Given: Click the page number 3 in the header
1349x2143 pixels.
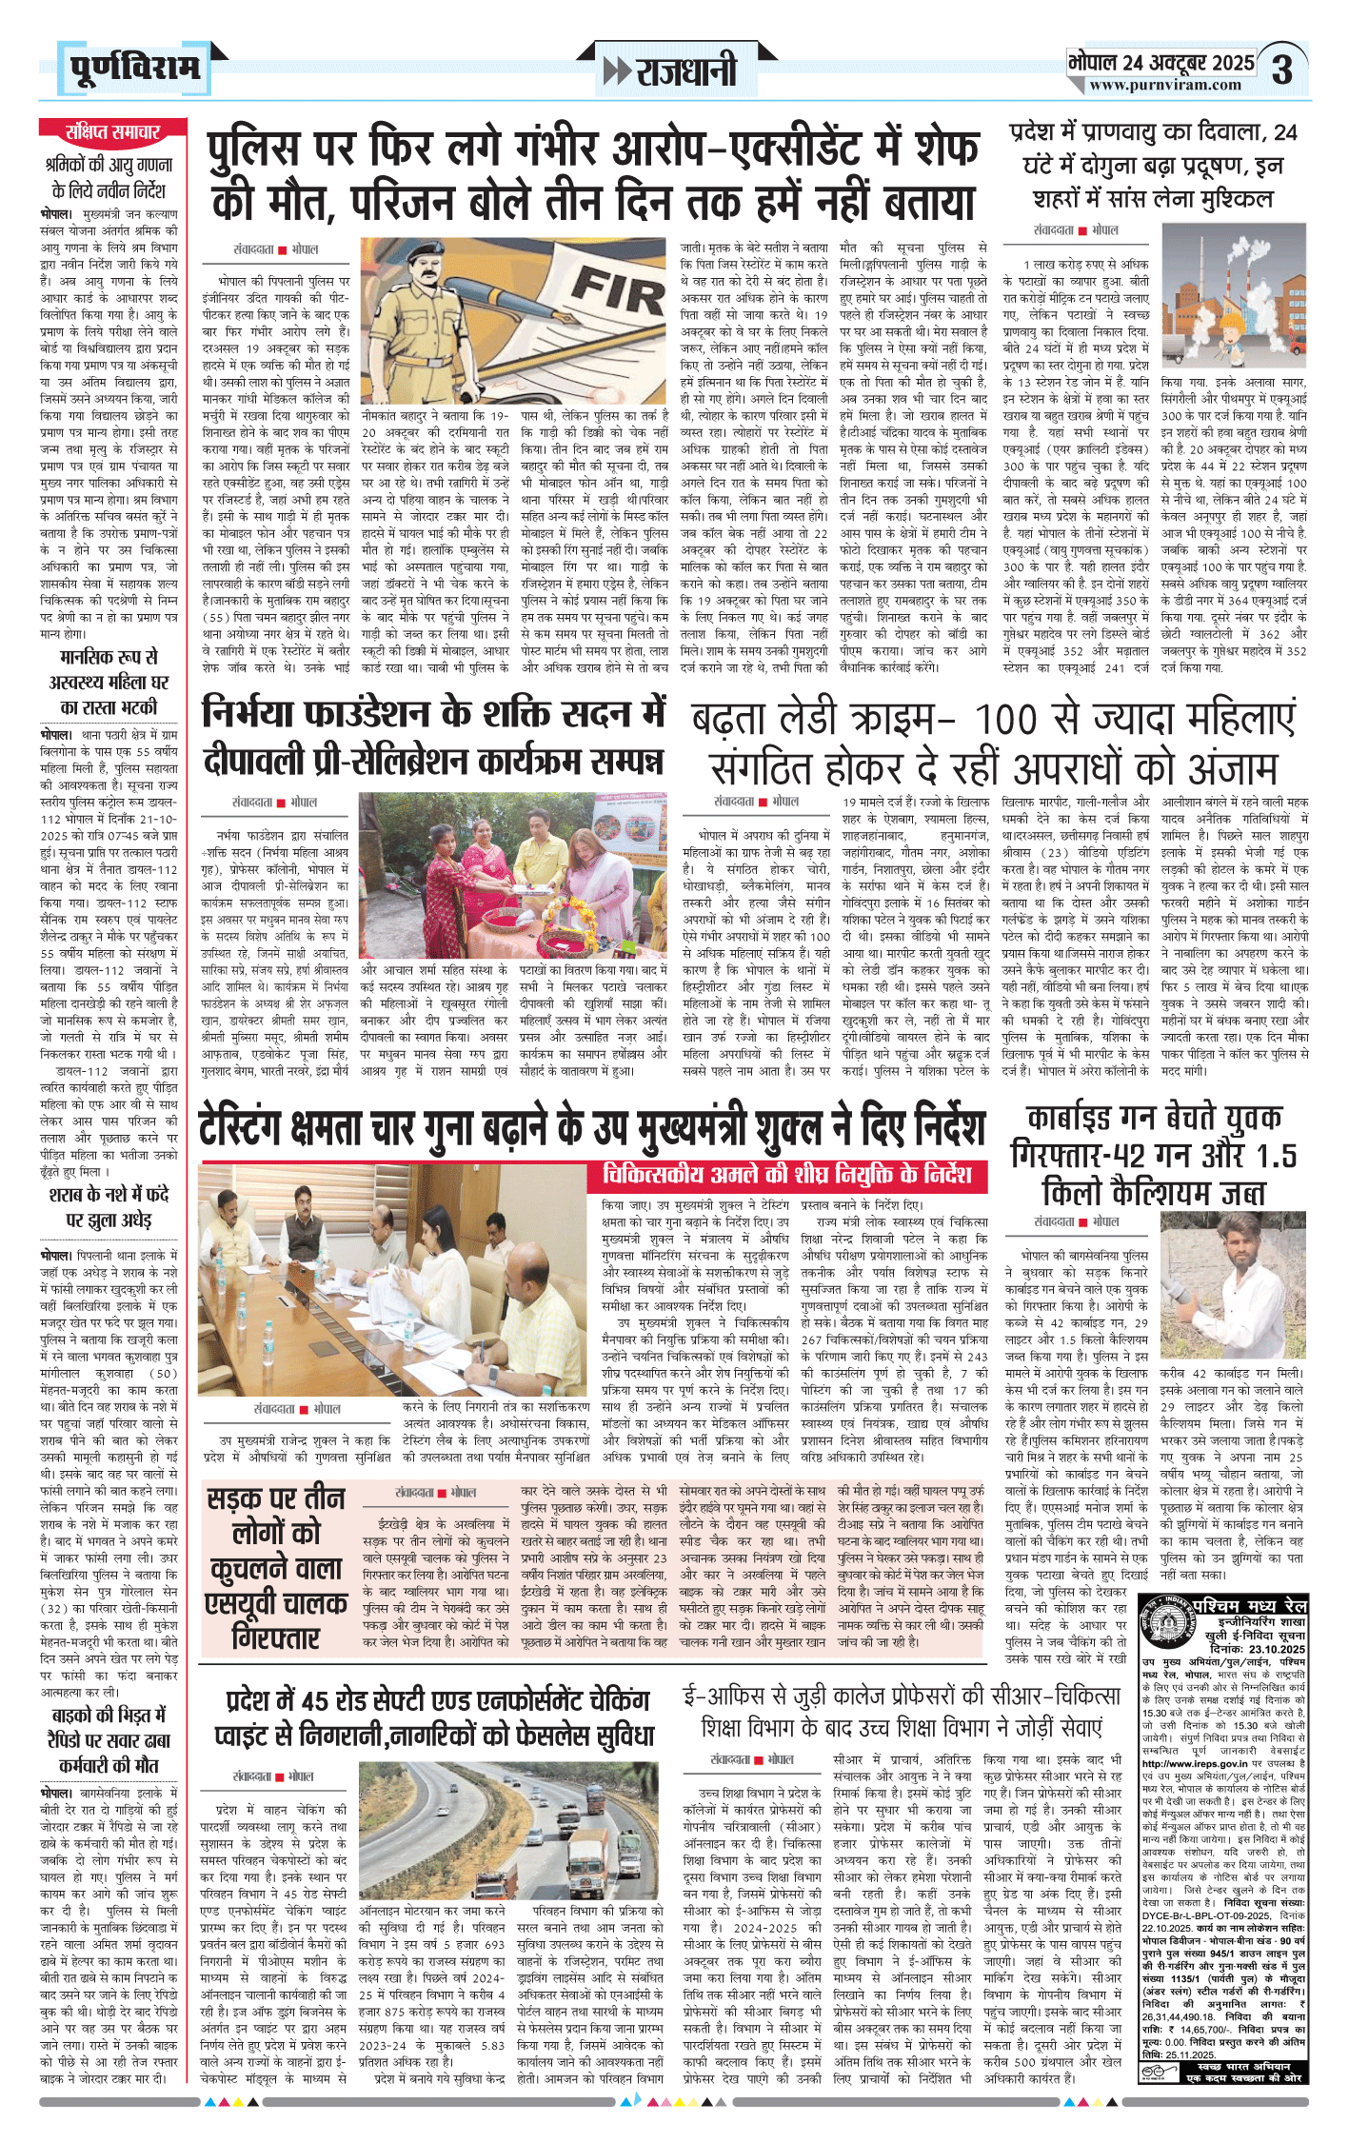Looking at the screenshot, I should pos(1282,69).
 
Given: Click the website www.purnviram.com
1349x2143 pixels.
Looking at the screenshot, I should pos(1165,85).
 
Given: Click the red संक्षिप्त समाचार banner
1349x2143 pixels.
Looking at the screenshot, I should pos(112,131).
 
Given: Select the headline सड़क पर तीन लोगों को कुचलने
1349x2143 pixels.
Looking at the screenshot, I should pos(277,1569).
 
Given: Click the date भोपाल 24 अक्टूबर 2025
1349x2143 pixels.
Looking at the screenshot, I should pos(1161,63).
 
